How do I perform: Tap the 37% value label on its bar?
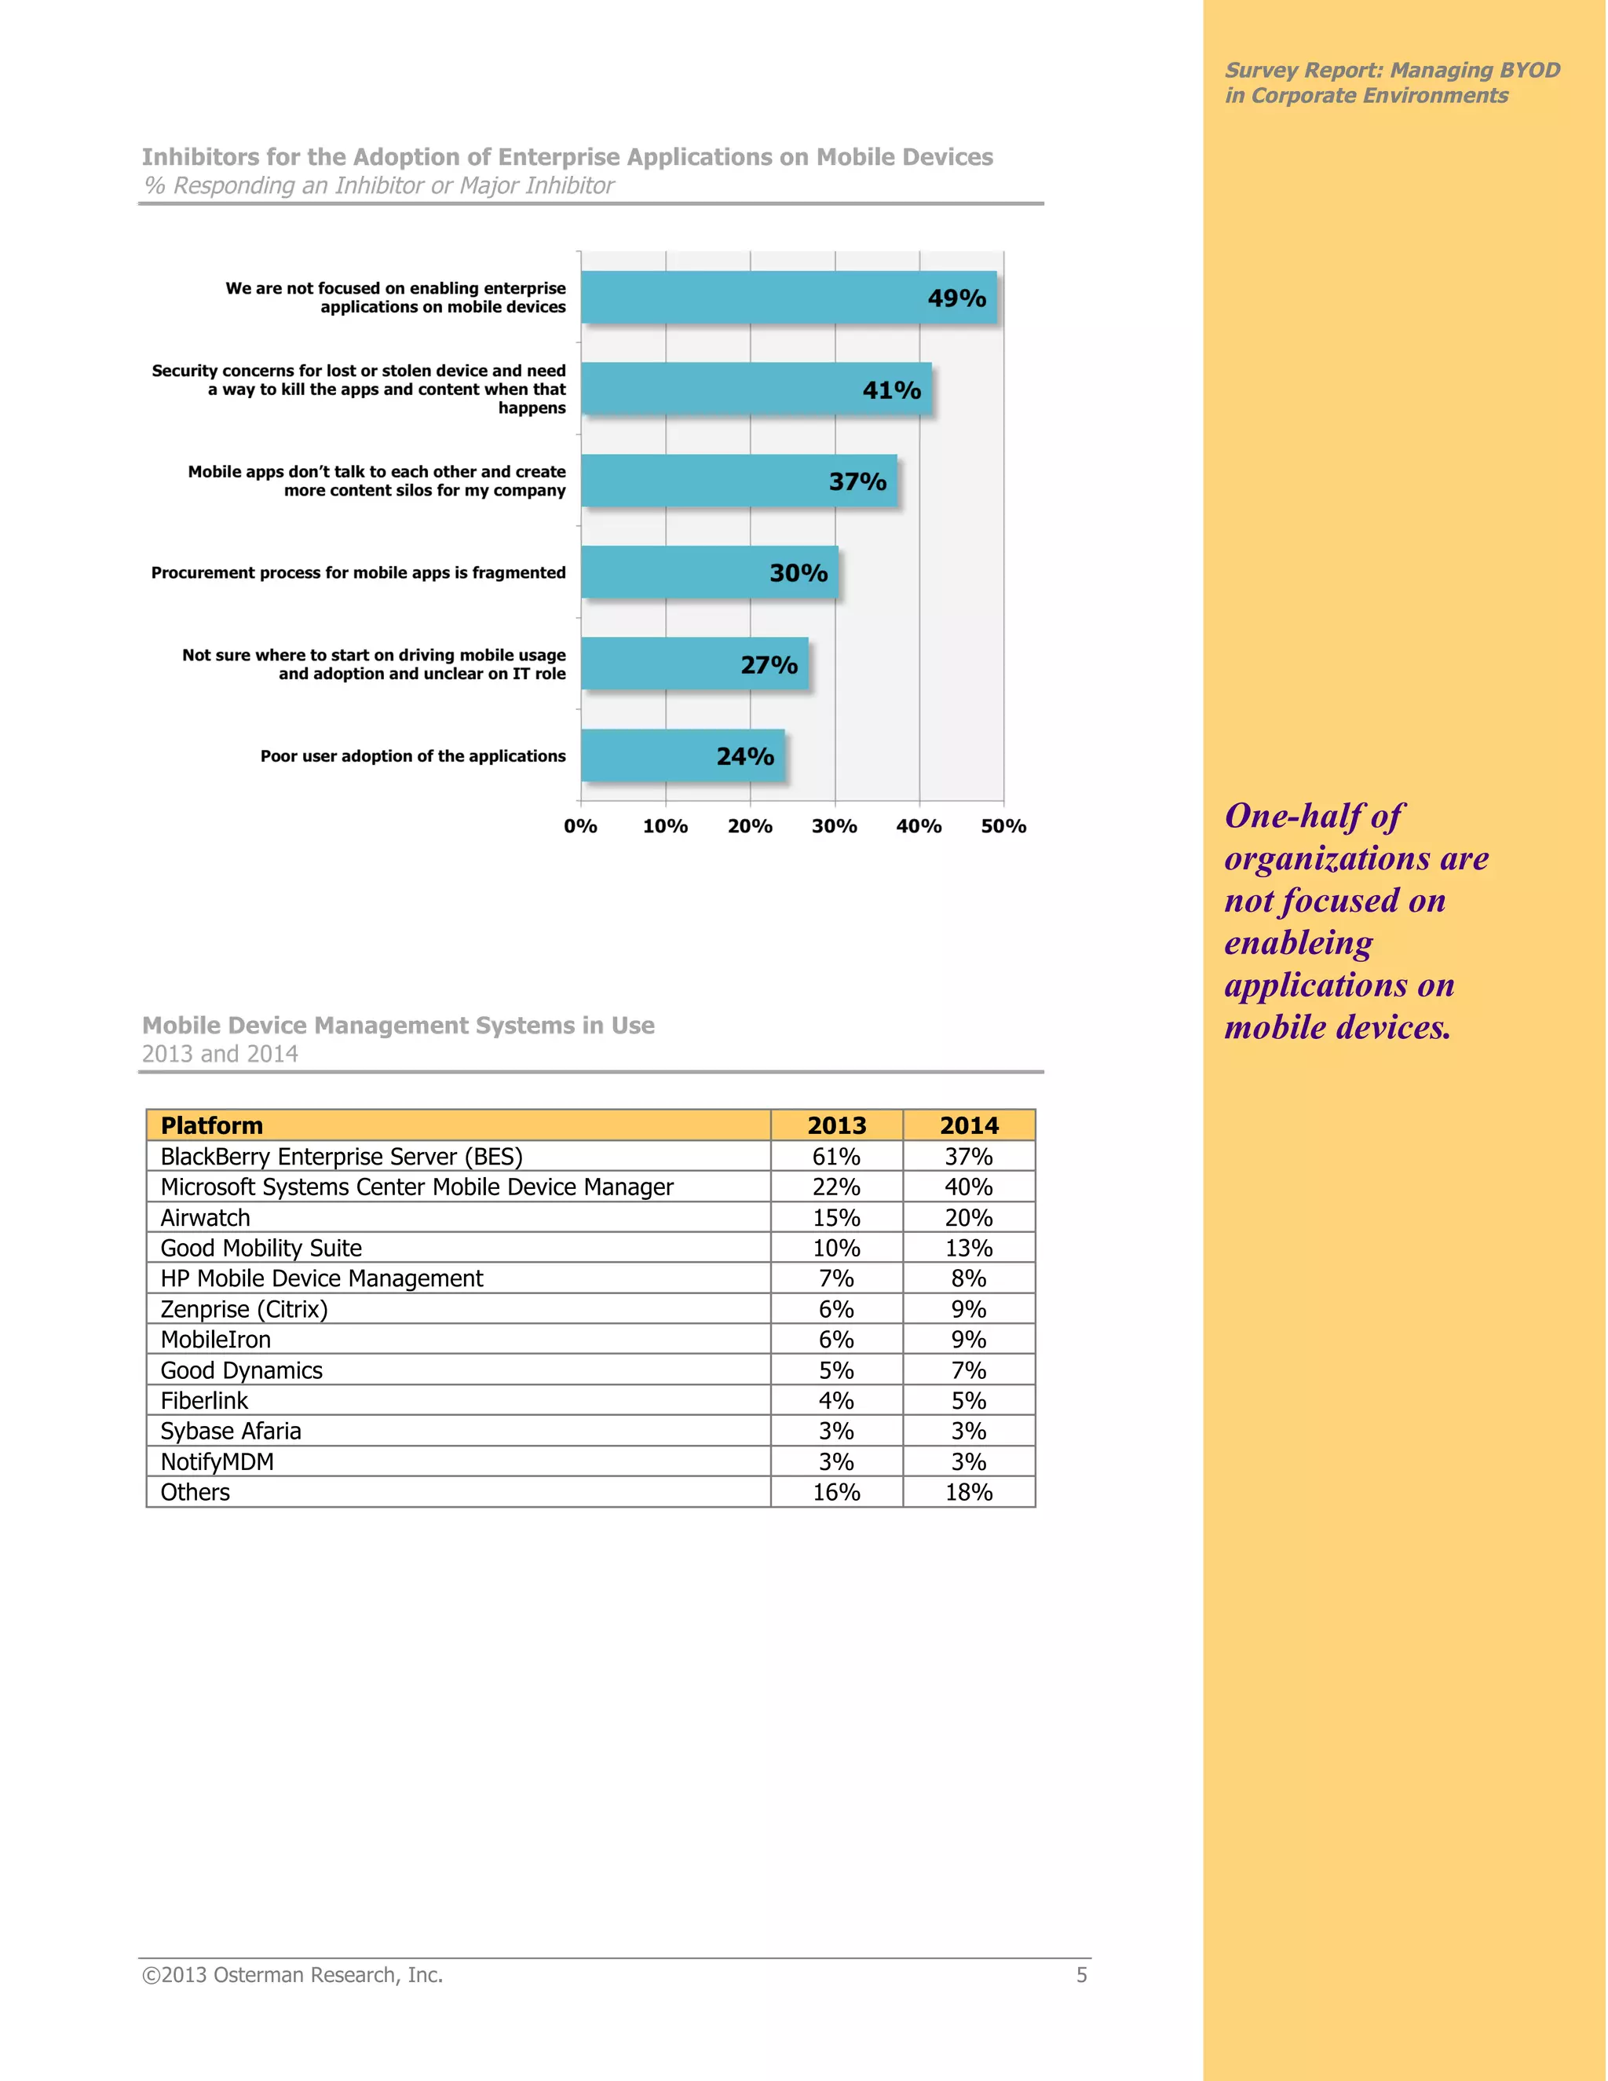857,481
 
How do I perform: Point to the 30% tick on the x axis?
835,826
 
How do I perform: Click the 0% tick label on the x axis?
580,826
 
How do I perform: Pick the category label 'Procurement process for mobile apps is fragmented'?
358,572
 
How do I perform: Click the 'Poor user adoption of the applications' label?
412,755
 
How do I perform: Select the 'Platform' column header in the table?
211,1125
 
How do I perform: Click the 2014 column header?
969,1125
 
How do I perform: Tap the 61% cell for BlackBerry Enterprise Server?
836,1156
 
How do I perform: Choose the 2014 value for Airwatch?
969,1218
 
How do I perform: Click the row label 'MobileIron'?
215,1340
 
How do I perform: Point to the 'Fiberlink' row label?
204,1401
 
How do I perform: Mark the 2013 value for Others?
836,1492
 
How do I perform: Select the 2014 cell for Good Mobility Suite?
969,1249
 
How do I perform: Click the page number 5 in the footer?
1081,1975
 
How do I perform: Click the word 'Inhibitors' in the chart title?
200,157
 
